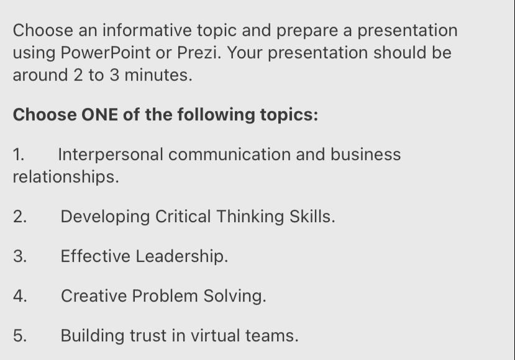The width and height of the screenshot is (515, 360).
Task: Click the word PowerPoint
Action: pyautogui.click(x=106, y=53)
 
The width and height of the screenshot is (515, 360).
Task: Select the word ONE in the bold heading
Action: pyautogui.click(x=99, y=115)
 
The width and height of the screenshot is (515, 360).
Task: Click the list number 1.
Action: pyautogui.click(x=19, y=154)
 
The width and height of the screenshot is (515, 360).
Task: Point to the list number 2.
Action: pyautogui.click(x=20, y=217)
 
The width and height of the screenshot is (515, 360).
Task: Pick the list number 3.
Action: pyautogui.click(x=20, y=256)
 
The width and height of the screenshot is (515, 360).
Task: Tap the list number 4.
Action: pyautogui.click(x=20, y=295)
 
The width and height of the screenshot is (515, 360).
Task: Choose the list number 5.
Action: pyautogui.click(x=20, y=335)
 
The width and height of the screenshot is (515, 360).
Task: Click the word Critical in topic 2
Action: pyautogui.click(x=183, y=216)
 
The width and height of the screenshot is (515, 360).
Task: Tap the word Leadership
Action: pyautogui.click(x=181, y=256)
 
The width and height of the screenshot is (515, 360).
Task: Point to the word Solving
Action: pyautogui.click(x=234, y=295)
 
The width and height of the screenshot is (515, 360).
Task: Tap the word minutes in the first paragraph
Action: pyautogui.click(x=158, y=75)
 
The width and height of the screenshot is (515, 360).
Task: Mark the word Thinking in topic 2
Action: pyautogui.click(x=250, y=217)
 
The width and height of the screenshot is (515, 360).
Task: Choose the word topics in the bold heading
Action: pyautogui.click(x=289, y=115)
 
